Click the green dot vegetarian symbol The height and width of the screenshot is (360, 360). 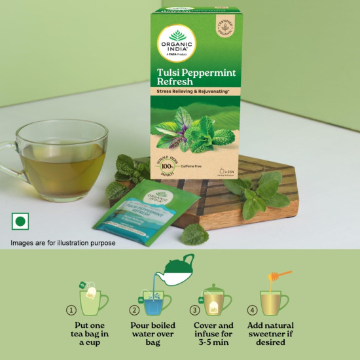point(20,221)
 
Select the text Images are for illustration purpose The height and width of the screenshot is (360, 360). point(63,243)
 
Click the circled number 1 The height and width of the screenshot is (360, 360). point(71,310)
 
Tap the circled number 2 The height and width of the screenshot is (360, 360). point(134,310)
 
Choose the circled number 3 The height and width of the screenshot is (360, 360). point(194,310)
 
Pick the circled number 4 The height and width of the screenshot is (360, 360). point(252,310)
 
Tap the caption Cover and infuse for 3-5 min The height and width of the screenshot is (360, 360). point(213,334)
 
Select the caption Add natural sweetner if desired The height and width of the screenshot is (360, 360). point(271,334)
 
